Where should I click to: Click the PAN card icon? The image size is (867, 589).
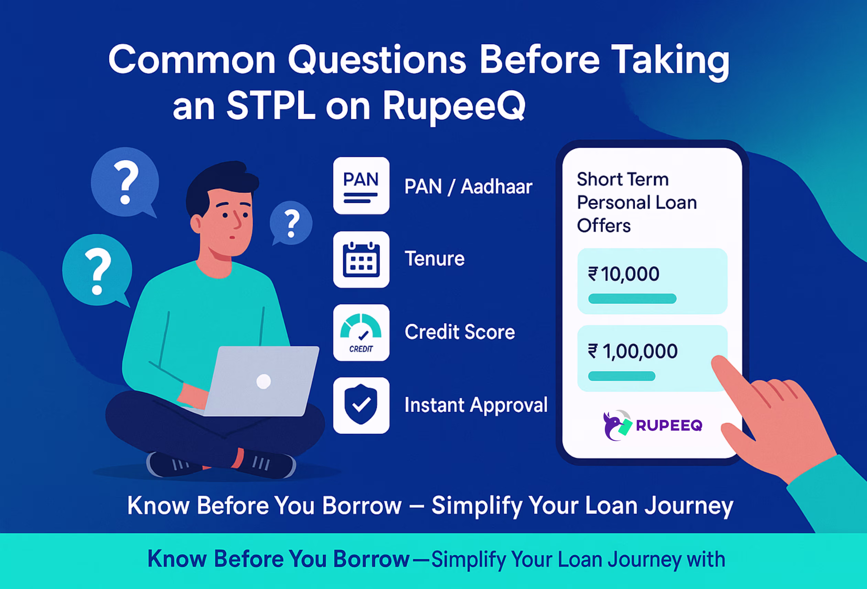(361, 186)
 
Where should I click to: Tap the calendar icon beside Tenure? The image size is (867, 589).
(361, 260)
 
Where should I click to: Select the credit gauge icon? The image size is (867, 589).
(361, 332)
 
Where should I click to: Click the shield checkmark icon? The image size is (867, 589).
(361, 405)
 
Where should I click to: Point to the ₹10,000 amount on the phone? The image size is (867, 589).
(624, 274)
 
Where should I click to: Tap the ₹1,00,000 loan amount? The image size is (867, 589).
(633, 351)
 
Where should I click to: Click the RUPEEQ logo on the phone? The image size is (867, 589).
(653, 425)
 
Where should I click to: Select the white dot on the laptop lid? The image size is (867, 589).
(264, 381)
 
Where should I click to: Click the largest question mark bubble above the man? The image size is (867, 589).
(125, 182)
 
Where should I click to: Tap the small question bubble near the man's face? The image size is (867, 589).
(291, 223)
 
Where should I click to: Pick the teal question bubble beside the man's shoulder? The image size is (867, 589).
(97, 270)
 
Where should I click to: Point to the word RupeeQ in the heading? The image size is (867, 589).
(454, 107)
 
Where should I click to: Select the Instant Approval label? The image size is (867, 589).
(476, 405)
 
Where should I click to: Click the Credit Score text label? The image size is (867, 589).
(460, 332)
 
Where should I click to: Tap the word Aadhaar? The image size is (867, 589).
(496, 186)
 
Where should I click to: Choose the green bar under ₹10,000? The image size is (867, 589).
(632, 298)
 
